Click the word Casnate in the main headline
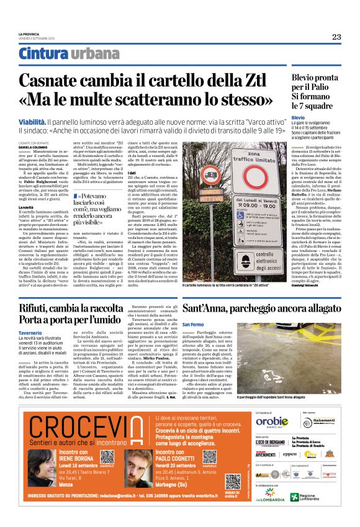point(50,81)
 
